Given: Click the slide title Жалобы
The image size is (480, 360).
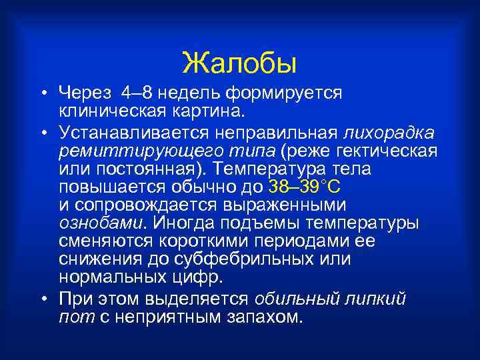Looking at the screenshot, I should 239,63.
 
